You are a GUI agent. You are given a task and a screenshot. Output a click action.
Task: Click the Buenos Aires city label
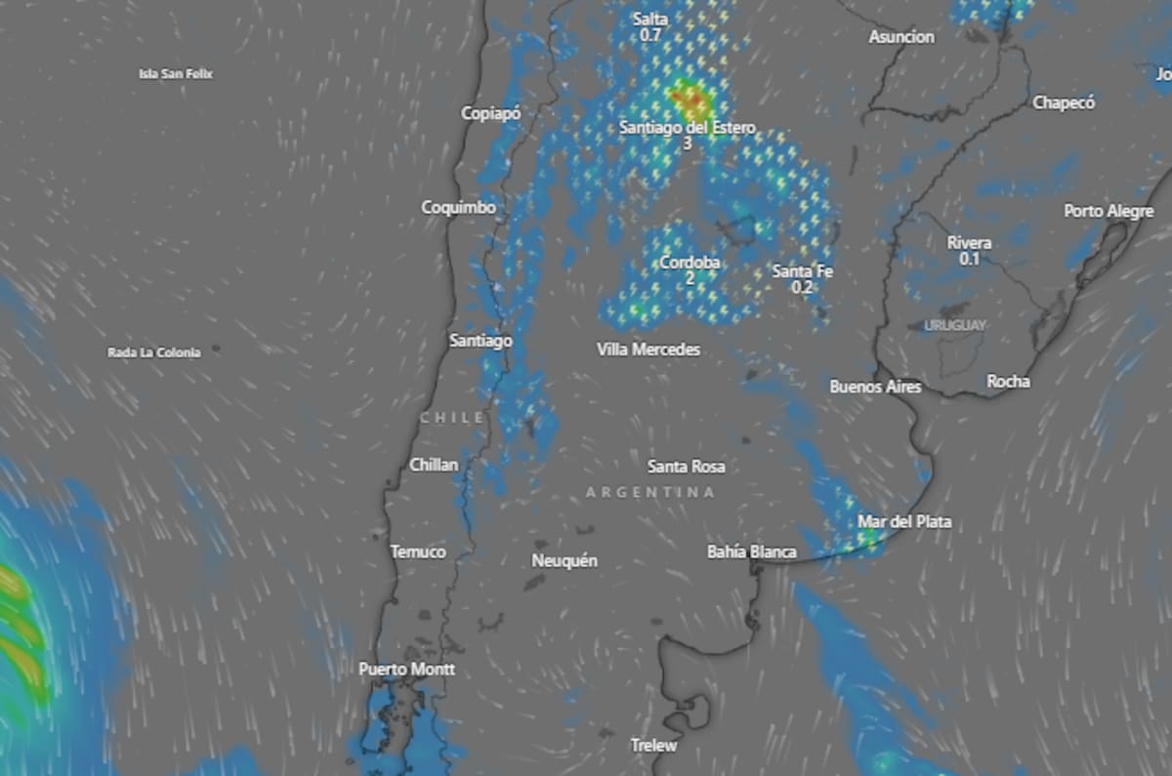[875, 387]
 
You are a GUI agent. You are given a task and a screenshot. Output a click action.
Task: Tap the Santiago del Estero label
[687, 128]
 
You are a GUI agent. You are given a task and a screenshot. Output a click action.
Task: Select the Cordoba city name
[690, 263]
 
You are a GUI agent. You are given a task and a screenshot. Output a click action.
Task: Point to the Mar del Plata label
[904, 522]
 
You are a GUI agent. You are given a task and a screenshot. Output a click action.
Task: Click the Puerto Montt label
[406, 670]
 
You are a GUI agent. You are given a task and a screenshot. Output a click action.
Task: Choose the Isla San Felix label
[176, 73]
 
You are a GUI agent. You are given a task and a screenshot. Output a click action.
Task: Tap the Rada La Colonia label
[153, 352]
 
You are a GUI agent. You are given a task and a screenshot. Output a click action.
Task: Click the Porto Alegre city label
[1109, 211]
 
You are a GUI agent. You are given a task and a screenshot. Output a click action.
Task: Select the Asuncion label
[901, 37]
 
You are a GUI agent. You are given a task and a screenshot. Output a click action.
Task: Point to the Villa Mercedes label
[649, 348]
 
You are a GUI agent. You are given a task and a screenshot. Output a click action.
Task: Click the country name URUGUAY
[954, 325]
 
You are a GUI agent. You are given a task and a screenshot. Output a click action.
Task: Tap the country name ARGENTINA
[649, 493]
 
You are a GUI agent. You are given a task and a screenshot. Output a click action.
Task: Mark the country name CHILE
[452, 417]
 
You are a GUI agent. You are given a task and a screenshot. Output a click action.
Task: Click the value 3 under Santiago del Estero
[687, 143]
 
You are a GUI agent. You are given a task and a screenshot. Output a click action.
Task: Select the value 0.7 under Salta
[650, 35]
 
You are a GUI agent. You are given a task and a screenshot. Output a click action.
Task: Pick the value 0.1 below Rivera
[969, 259]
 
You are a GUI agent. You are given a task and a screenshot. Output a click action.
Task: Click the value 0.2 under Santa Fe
[802, 287]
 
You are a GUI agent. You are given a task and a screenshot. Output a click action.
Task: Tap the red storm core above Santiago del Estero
[690, 98]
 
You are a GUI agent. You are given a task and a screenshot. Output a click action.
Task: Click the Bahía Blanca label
[751, 552]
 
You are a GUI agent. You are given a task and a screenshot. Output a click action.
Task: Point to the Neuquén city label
[564, 560]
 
